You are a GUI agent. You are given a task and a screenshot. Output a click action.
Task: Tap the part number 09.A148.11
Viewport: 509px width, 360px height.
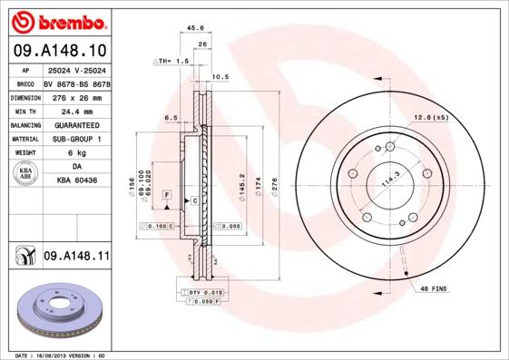[76, 258]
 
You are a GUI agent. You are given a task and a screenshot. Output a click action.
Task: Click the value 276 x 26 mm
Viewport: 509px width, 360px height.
[77, 96]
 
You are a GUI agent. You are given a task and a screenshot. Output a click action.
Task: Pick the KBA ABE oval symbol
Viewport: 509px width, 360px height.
[25, 174]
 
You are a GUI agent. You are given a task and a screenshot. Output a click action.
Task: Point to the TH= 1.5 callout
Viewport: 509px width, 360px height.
[170, 61]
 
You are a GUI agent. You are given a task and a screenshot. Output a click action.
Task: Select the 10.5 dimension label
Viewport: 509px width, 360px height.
[219, 77]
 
